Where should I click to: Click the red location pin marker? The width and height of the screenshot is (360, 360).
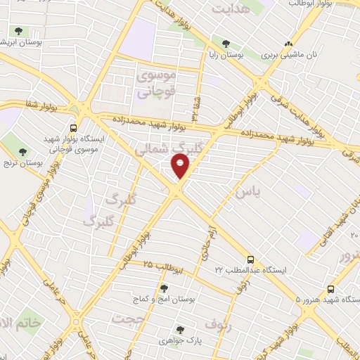181,165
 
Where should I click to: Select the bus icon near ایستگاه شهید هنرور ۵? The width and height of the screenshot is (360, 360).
331,288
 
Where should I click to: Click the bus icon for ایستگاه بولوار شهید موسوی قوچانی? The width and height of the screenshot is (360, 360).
73,127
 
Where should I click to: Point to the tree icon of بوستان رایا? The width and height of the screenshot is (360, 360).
226,41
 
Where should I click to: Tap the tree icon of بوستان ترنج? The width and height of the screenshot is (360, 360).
23,151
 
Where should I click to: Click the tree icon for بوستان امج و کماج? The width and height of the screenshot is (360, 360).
164,288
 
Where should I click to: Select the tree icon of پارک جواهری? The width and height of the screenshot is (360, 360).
180,329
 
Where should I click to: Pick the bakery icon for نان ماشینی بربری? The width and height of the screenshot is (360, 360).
288,43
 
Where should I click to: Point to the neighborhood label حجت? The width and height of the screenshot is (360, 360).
127,318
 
